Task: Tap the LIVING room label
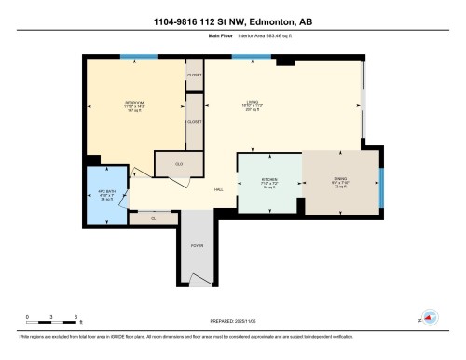pos(252,103)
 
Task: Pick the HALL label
pos(218,190)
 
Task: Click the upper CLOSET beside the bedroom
pos(195,74)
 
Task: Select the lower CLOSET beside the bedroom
pos(195,120)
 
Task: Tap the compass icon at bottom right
pos(430,317)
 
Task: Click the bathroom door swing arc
pos(140,174)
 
